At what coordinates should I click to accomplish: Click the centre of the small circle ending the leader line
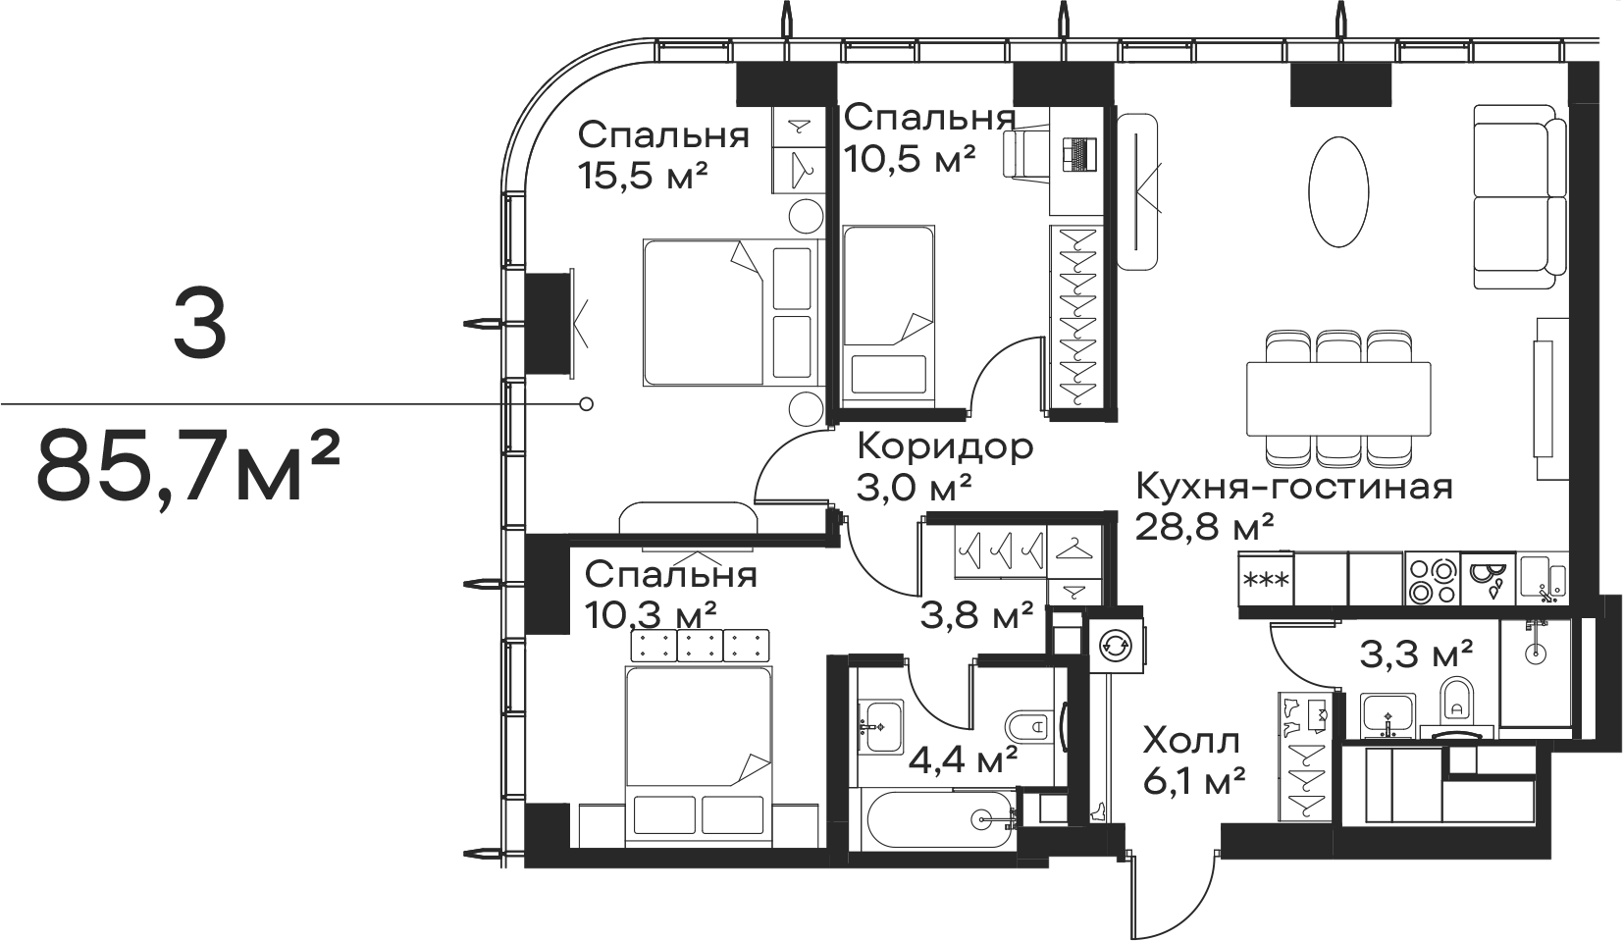[587, 403]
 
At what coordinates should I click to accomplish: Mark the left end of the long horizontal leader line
[1, 403]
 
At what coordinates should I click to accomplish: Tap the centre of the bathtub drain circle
[982, 819]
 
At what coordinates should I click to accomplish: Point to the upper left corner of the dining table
[1247, 362]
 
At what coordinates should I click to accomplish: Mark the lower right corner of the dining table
[1431, 436]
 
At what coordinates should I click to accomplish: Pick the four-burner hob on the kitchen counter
[1433, 580]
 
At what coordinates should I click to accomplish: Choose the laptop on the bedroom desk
[1078, 156]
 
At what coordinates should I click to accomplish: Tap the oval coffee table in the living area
[1339, 193]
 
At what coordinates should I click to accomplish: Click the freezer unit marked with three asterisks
[1266, 580]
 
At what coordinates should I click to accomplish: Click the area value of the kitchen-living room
[1204, 527]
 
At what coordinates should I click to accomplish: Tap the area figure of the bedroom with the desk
[910, 159]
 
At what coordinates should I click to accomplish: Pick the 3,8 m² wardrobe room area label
[976, 616]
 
